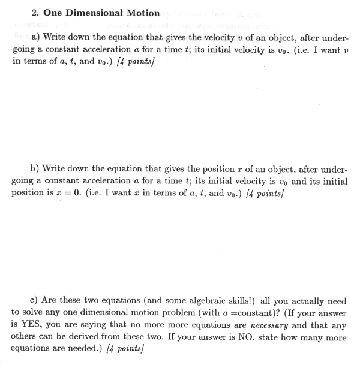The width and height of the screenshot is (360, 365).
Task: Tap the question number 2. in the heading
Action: tap(17, 13)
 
